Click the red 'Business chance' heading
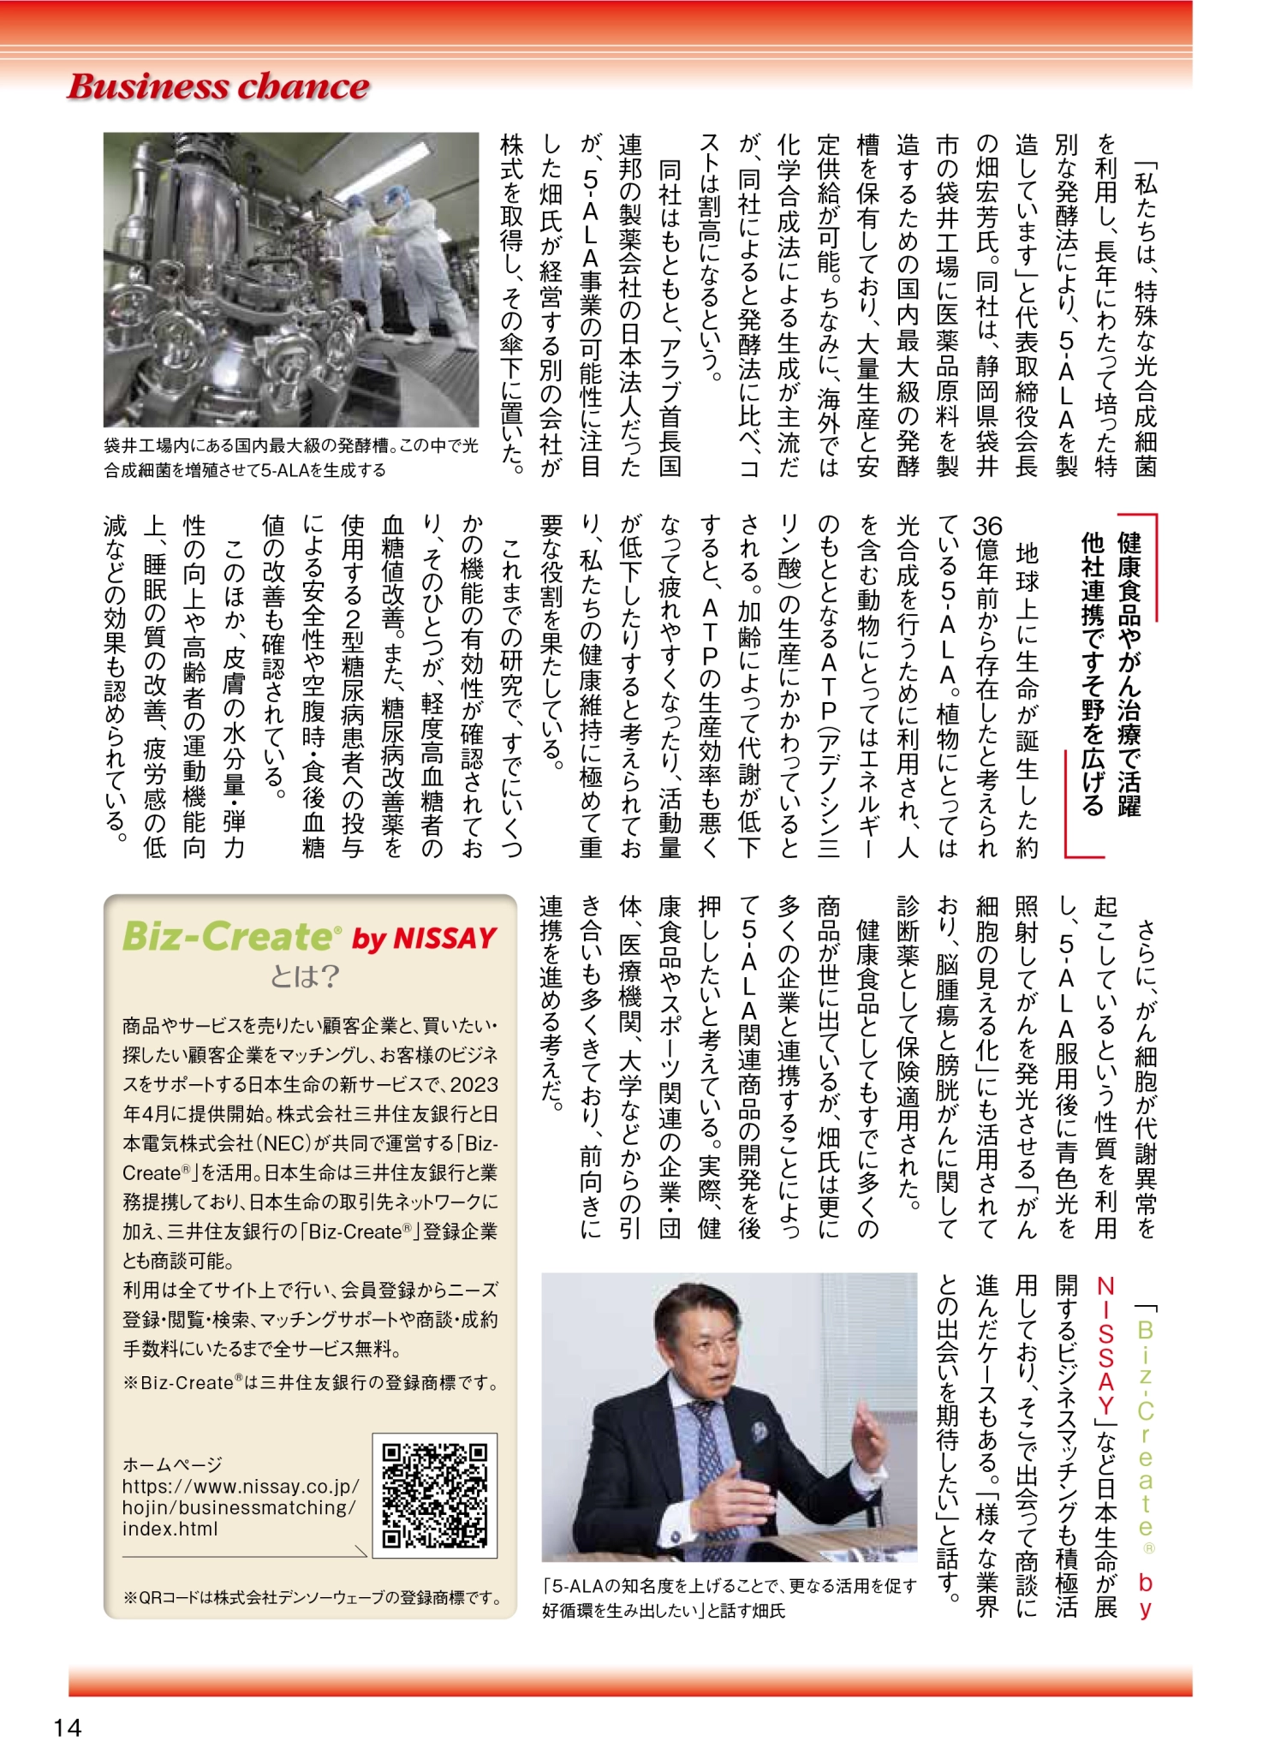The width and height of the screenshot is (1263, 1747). (218, 86)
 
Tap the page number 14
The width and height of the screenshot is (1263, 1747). (67, 1726)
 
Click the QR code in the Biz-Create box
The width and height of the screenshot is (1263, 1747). (435, 1495)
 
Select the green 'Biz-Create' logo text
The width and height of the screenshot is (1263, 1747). (232, 936)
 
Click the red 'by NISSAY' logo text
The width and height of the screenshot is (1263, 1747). (425, 939)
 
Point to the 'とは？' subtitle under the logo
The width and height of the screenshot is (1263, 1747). (305, 976)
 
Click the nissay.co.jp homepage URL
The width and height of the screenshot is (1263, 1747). (240, 1507)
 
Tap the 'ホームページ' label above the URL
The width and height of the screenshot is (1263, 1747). (172, 1464)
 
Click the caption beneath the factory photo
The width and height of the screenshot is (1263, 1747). (291, 458)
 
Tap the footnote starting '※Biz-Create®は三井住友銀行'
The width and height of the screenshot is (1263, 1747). (311, 1382)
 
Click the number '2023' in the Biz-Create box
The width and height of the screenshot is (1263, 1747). (474, 1085)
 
